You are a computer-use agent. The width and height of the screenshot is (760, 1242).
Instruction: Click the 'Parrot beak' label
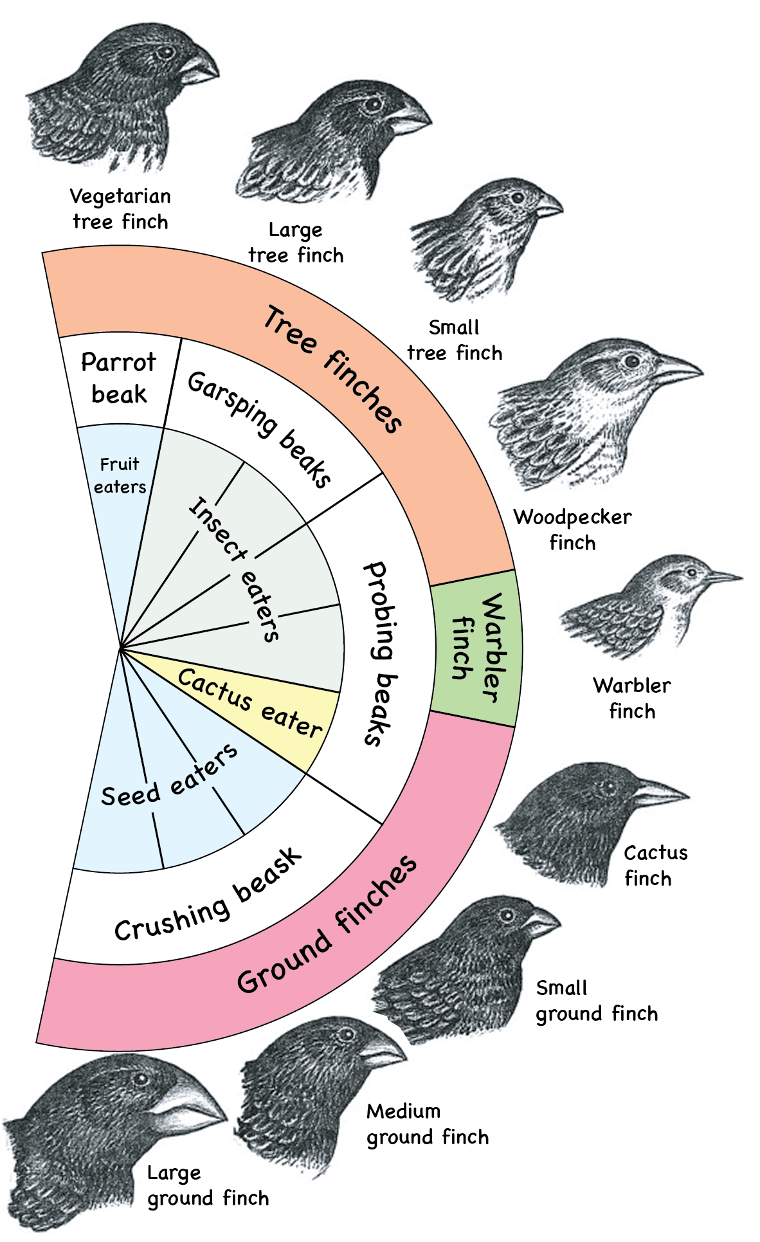point(119,378)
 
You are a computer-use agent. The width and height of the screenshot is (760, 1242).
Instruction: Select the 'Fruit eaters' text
point(120,475)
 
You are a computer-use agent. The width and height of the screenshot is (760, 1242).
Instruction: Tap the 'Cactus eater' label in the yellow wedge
point(250,703)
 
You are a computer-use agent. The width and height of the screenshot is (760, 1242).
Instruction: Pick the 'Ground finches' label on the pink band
point(327,924)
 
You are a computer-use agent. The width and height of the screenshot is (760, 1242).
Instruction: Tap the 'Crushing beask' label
point(208,896)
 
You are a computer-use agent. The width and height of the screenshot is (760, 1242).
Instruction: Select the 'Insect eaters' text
point(235,569)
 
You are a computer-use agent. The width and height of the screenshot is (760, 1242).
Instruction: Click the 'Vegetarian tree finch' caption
point(120,208)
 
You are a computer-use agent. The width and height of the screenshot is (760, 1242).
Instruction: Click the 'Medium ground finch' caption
point(428,1124)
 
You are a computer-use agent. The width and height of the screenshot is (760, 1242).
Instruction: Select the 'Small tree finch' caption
point(455,340)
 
